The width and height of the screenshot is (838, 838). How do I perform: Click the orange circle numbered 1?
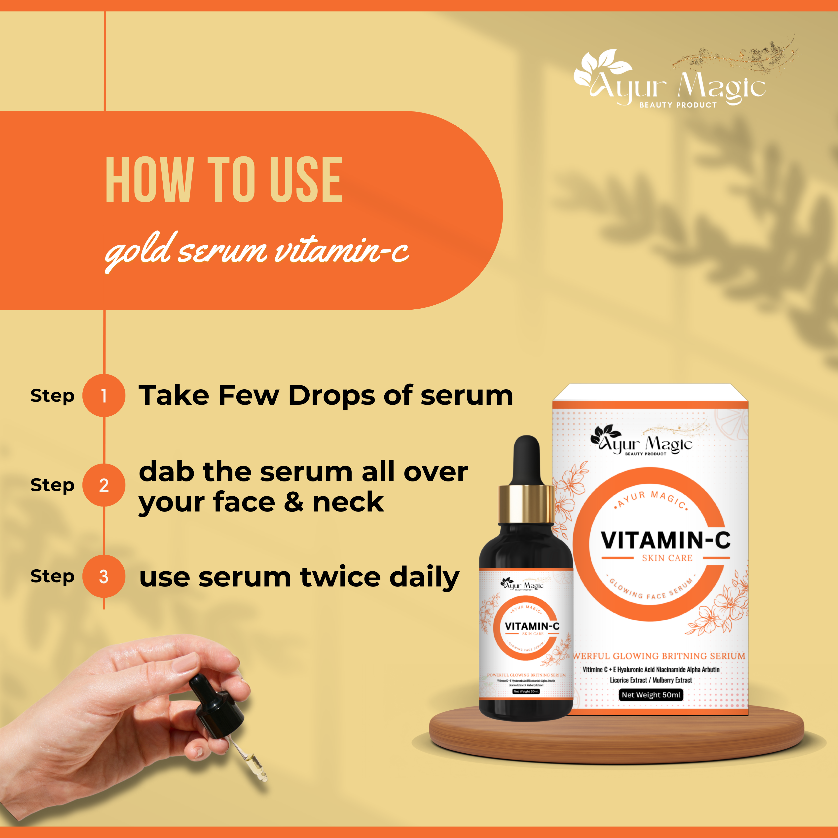104,396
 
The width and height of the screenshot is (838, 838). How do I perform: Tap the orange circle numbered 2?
104,485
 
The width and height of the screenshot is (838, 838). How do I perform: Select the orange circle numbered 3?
104,577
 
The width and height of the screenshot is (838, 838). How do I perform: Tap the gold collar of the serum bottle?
526,504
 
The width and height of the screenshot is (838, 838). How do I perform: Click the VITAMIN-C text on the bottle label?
532,626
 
